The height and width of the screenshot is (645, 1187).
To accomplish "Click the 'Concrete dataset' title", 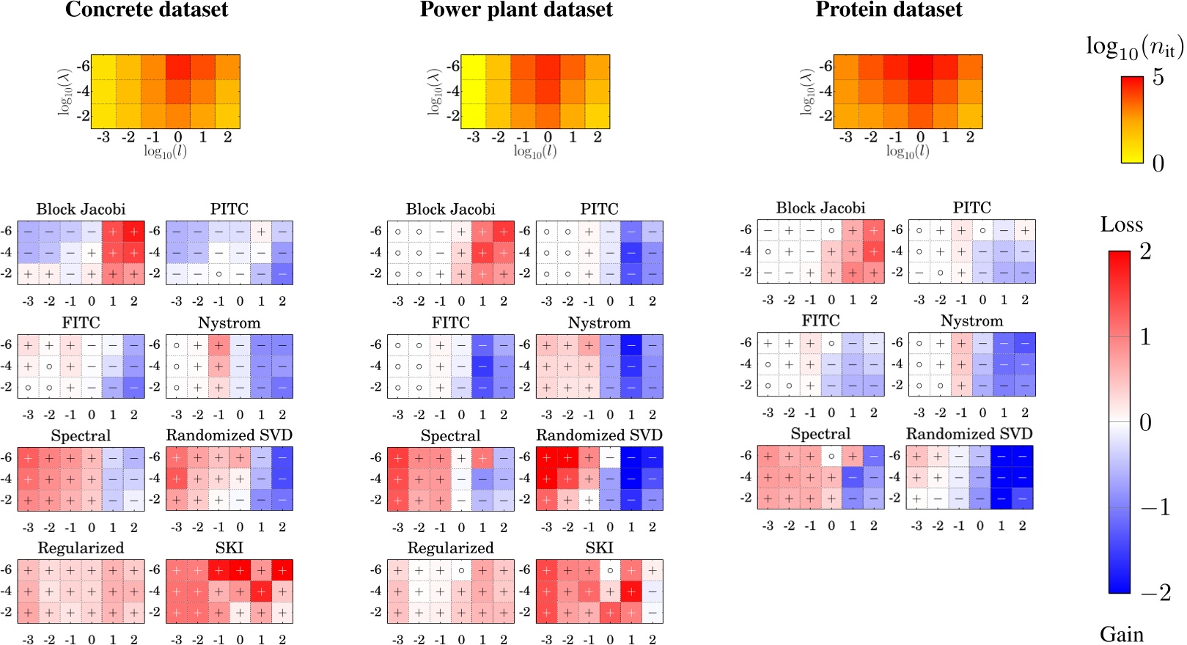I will click(x=147, y=10).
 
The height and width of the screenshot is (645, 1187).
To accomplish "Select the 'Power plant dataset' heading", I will click(x=516, y=10).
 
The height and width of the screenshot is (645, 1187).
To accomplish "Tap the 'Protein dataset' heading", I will click(x=889, y=10).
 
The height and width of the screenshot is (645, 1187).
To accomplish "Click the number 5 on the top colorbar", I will click(x=1158, y=77).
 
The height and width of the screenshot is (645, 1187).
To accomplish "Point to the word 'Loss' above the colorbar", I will click(x=1121, y=225).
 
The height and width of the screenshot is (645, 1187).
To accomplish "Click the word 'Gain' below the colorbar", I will click(x=1121, y=634).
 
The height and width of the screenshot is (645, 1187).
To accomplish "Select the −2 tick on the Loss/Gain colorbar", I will click(x=1155, y=592).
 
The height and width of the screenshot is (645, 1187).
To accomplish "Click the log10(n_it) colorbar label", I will click(x=1134, y=48).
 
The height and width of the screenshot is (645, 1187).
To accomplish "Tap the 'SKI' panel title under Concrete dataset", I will click(x=229, y=548).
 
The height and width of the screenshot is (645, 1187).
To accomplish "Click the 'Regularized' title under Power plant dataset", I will click(x=450, y=548).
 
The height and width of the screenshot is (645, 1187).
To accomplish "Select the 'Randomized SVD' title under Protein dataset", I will click(x=969, y=434).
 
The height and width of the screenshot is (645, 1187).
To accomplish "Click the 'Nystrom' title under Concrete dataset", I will click(x=229, y=323).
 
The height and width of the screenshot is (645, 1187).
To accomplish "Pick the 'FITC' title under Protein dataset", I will click(x=820, y=321).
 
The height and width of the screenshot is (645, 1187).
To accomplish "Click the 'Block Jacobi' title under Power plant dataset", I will click(x=450, y=210).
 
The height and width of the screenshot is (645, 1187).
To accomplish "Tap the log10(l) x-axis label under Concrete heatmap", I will click(x=165, y=152).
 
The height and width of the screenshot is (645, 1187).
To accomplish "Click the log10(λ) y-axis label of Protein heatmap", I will click(x=807, y=92).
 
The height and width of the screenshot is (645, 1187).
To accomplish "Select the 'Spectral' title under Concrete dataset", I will click(x=81, y=436).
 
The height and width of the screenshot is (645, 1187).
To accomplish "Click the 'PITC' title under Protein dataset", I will click(x=971, y=208).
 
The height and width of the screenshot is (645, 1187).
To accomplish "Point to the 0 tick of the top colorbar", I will click(x=1158, y=163).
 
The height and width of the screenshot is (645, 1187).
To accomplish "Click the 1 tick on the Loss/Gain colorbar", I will click(x=1145, y=337).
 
